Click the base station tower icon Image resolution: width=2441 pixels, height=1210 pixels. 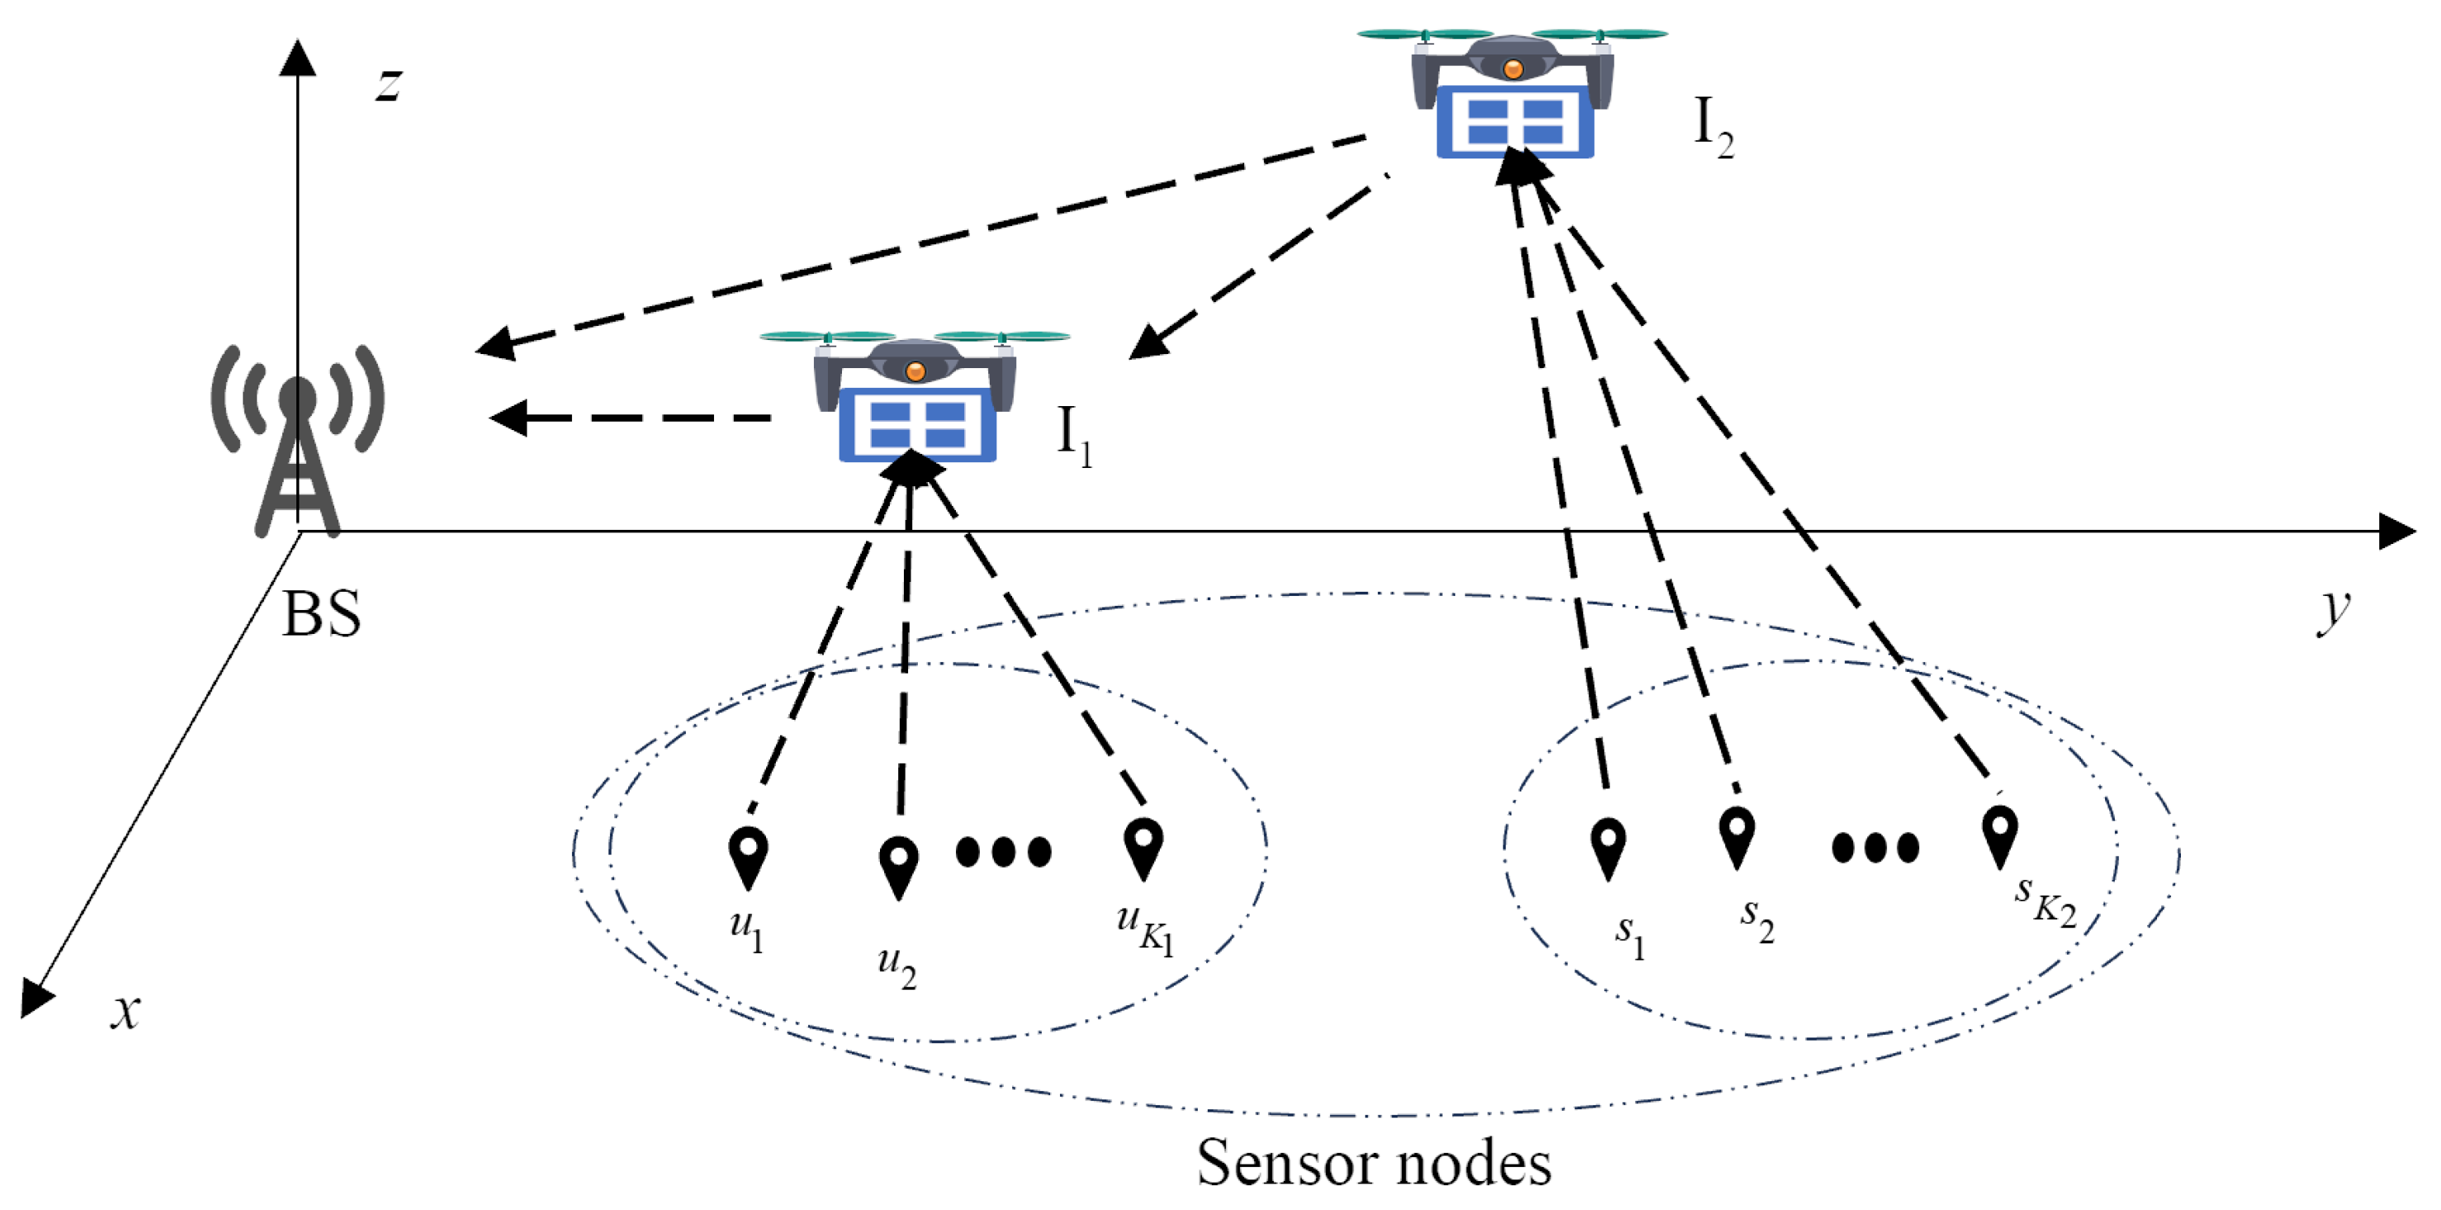(297, 441)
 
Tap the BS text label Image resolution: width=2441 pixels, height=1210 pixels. (322, 614)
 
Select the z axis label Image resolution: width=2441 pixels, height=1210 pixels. (389, 83)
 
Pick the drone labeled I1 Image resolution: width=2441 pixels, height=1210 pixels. (915, 398)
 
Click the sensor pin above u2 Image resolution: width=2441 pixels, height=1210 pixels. (898, 865)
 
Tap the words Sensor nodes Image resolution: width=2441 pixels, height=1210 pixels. (1374, 1163)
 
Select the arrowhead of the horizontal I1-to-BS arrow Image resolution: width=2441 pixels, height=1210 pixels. (509, 418)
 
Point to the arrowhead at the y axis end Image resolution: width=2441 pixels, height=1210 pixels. (2396, 532)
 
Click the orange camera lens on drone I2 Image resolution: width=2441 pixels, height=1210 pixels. (1513, 69)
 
